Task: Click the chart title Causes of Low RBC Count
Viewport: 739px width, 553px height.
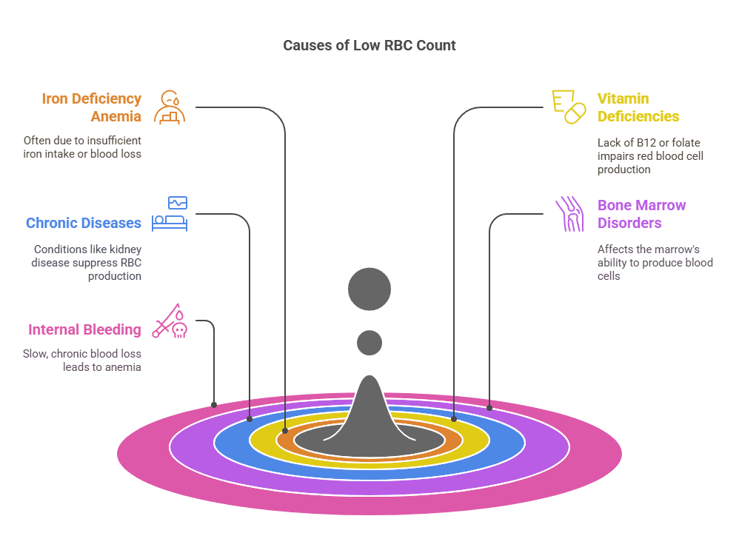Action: [x=369, y=45]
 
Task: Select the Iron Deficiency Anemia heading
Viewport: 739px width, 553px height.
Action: [x=91, y=107]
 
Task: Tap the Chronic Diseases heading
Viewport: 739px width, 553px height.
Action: [x=83, y=223]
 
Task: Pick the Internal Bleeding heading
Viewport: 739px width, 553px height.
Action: [x=84, y=329]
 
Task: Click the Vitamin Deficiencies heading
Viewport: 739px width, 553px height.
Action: [x=638, y=107]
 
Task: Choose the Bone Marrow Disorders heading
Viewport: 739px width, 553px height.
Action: [x=641, y=214]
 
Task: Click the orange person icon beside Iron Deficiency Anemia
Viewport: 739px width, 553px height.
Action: [x=170, y=107]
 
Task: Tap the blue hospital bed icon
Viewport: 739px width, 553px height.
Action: [x=170, y=214]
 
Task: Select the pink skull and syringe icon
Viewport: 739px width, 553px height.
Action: [x=170, y=321]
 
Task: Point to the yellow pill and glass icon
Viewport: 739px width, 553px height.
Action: [x=568, y=107]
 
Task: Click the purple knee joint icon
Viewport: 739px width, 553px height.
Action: [x=569, y=214]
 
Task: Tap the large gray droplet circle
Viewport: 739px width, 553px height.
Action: [x=369, y=288]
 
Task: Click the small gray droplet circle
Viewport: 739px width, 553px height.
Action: [x=369, y=343]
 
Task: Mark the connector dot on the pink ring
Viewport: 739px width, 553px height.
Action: [x=214, y=405]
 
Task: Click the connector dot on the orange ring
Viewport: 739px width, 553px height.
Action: [x=285, y=430]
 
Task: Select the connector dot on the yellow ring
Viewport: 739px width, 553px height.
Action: [x=454, y=418]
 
